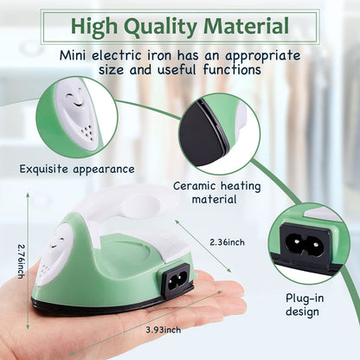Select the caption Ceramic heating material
[x=205, y=192]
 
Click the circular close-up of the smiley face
[x=75, y=117]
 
